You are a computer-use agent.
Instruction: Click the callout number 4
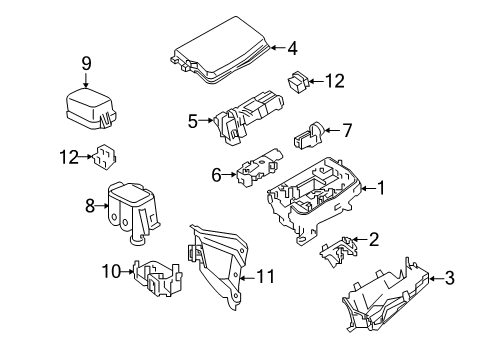tap(292, 47)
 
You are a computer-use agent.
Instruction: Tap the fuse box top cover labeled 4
tap(221, 53)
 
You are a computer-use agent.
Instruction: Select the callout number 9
tap(86, 64)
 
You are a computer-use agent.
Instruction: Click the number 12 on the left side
tap(65, 156)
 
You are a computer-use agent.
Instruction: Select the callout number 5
tap(193, 122)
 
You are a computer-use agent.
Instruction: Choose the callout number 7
tap(347, 129)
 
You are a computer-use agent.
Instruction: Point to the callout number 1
tap(379, 187)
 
